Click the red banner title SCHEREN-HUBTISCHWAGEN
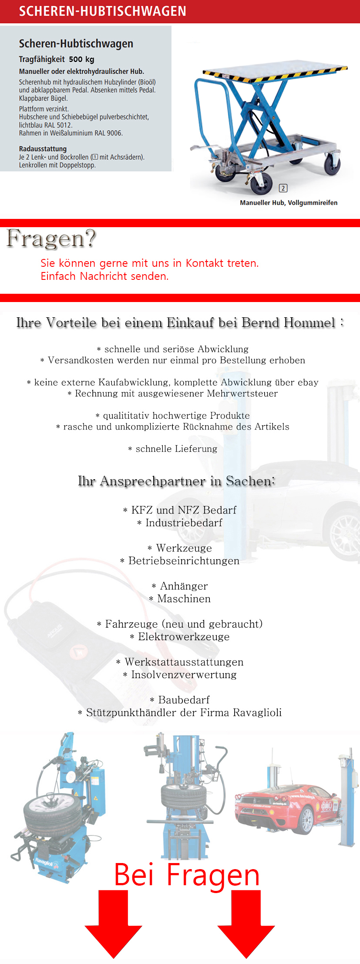(102, 11)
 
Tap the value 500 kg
(81, 60)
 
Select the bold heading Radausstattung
(43, 149)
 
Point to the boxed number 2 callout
(283, 188)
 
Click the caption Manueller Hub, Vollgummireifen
(288, 203)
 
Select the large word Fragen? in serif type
(51, 238)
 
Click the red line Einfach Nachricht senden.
(104, 276)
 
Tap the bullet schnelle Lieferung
(176, 449)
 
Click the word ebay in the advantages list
(308, 382)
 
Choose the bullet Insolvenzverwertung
(184, 675)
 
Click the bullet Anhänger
(184, 586)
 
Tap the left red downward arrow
(113, 923)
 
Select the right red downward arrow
(246, 923)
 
